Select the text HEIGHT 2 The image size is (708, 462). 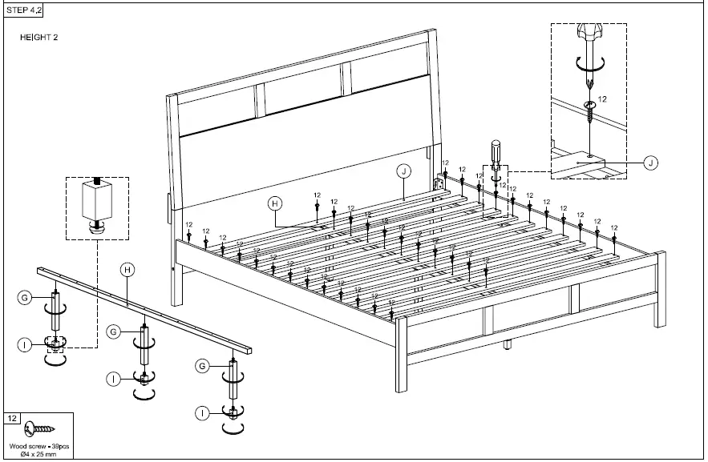(x=38, y=38)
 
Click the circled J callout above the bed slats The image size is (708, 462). (x=403, y=171)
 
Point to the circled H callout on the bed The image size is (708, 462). (x=274, y=203)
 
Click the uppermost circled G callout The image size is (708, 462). (x=25, y=298)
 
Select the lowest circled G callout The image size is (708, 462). (x=203, y=366)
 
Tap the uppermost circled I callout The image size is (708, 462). (x=25, y=344)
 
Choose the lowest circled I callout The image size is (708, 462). (x=203, y=413)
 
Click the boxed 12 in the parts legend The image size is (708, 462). (x=13, y=419)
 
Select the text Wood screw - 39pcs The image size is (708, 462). (x=38, y=446)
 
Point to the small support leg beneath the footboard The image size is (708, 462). (x=507, y=346)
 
